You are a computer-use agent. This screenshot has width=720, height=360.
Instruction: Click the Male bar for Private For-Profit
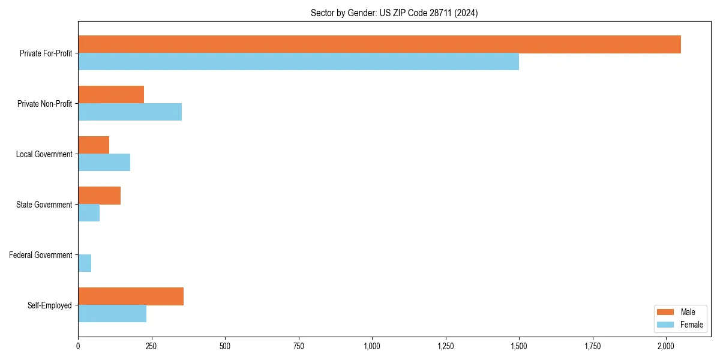tap(379, 44)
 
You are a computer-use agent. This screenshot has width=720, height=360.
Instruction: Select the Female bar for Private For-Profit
tap(298, 62)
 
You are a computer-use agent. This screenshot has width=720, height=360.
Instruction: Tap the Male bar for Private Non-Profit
tap(111, 95)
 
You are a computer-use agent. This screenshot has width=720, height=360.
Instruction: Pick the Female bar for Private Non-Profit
tap(130, 112)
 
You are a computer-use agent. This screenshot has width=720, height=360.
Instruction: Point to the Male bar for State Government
tap(99, 196)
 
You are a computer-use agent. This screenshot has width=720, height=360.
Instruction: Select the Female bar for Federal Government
tap(85, 263)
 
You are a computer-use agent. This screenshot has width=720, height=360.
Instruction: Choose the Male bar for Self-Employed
tap(131, 296)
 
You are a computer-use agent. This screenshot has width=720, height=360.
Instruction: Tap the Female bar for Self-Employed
tap(112, 314)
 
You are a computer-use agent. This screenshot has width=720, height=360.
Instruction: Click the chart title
tap(394, 13)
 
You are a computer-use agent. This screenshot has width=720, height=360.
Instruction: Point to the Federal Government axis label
tap(41, 255)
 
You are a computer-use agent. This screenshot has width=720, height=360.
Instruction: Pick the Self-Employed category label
tap(50, 305)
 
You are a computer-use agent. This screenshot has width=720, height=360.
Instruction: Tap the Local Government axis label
tap(44, 154)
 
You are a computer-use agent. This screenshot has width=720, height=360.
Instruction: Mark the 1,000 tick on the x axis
tap(372, 346)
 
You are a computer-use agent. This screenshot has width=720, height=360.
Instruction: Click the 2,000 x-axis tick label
tap(666, 346)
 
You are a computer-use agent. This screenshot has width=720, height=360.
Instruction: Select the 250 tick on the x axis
tap(151, 346)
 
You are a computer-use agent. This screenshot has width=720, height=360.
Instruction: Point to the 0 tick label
tap(78, 346)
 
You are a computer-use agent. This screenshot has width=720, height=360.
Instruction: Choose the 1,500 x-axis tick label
tap(519, 346)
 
